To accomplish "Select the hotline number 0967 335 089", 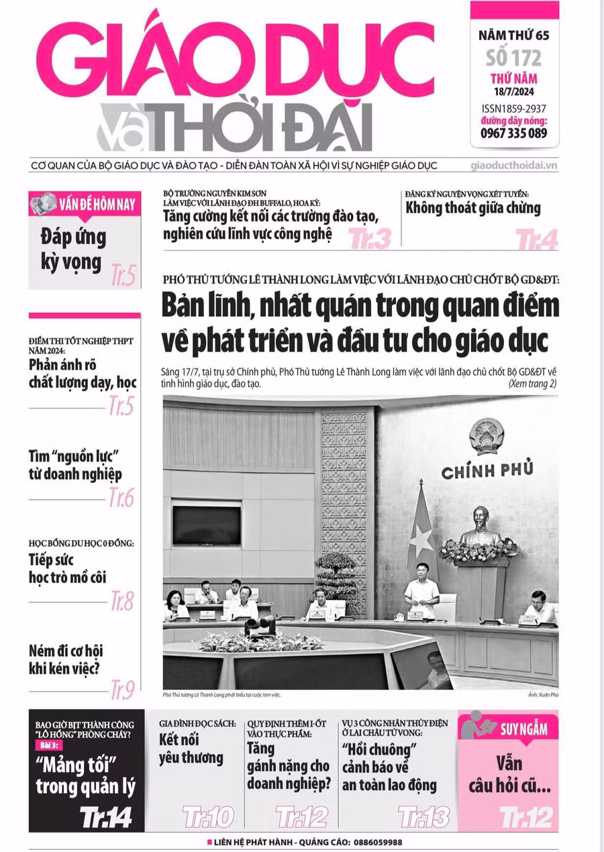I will point(513,133).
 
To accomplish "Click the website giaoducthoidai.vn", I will point(515,165).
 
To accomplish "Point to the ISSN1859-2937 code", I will point(514,108).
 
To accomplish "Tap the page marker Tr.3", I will point(370,238).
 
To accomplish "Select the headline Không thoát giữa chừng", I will point(472,208).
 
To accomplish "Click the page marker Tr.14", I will point(105,816).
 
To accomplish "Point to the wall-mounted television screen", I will point(206,525).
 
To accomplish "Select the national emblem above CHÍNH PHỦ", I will point(487,437).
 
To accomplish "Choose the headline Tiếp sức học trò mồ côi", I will point(67,568).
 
